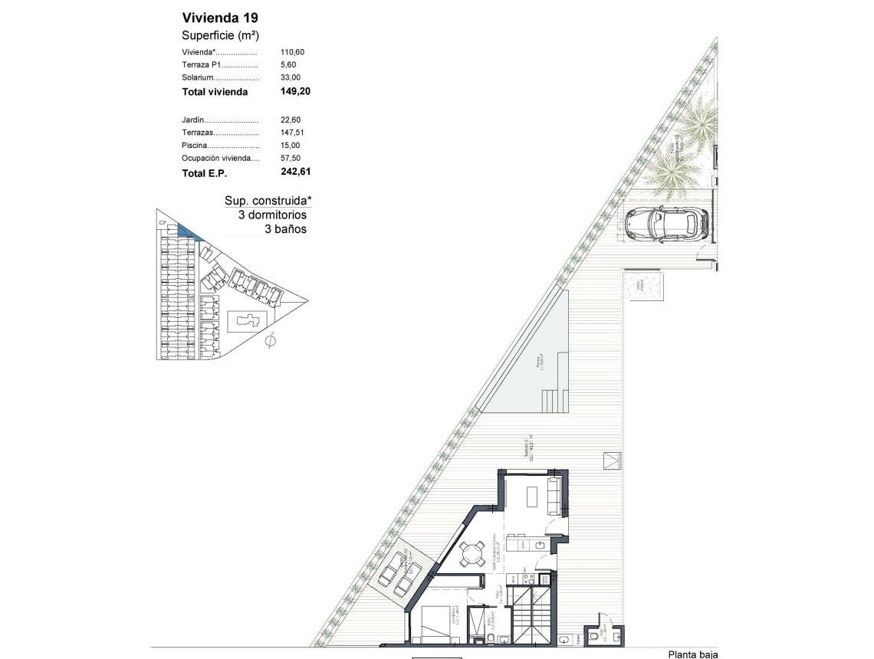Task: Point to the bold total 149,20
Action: pos(295,91)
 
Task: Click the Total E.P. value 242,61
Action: pos(295,172)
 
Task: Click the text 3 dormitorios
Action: pos(272,215)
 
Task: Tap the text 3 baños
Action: pos(285,228)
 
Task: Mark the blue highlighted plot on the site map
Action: pos(185,230)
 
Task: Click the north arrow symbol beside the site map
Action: pos(269,341)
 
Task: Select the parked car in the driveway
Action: pos(665,224)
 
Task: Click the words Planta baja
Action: pos(693,654)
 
